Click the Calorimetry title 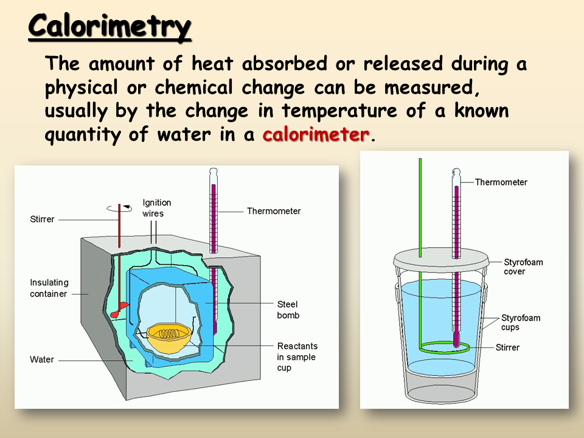109,26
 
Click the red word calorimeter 316,134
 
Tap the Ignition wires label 157,208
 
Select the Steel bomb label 288,310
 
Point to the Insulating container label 49,288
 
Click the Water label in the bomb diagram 42,360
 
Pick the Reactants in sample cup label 297,357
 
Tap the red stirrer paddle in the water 119,310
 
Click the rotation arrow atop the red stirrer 119,209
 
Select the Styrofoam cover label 523,266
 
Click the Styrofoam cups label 521,322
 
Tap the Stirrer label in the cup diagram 507,347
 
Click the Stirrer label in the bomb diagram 42,219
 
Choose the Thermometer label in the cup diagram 501,182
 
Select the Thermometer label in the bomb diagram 274,211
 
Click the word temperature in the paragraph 339,111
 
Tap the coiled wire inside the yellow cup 169,333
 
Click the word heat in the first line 212,63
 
